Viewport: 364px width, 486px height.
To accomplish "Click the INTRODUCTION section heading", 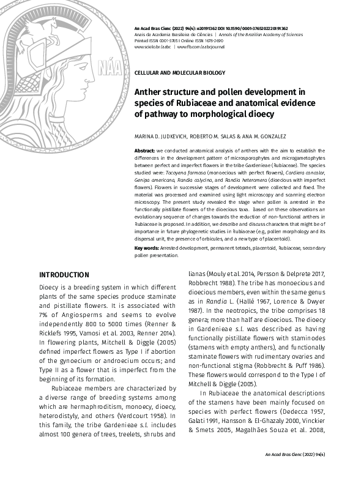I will (64, 275).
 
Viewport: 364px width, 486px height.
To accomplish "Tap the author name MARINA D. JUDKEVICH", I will (159, 136).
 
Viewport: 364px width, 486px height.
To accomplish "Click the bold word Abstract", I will (144, 149).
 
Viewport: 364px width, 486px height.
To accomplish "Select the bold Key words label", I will (147, 247).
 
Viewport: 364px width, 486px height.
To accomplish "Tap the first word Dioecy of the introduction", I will (50, 286).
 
